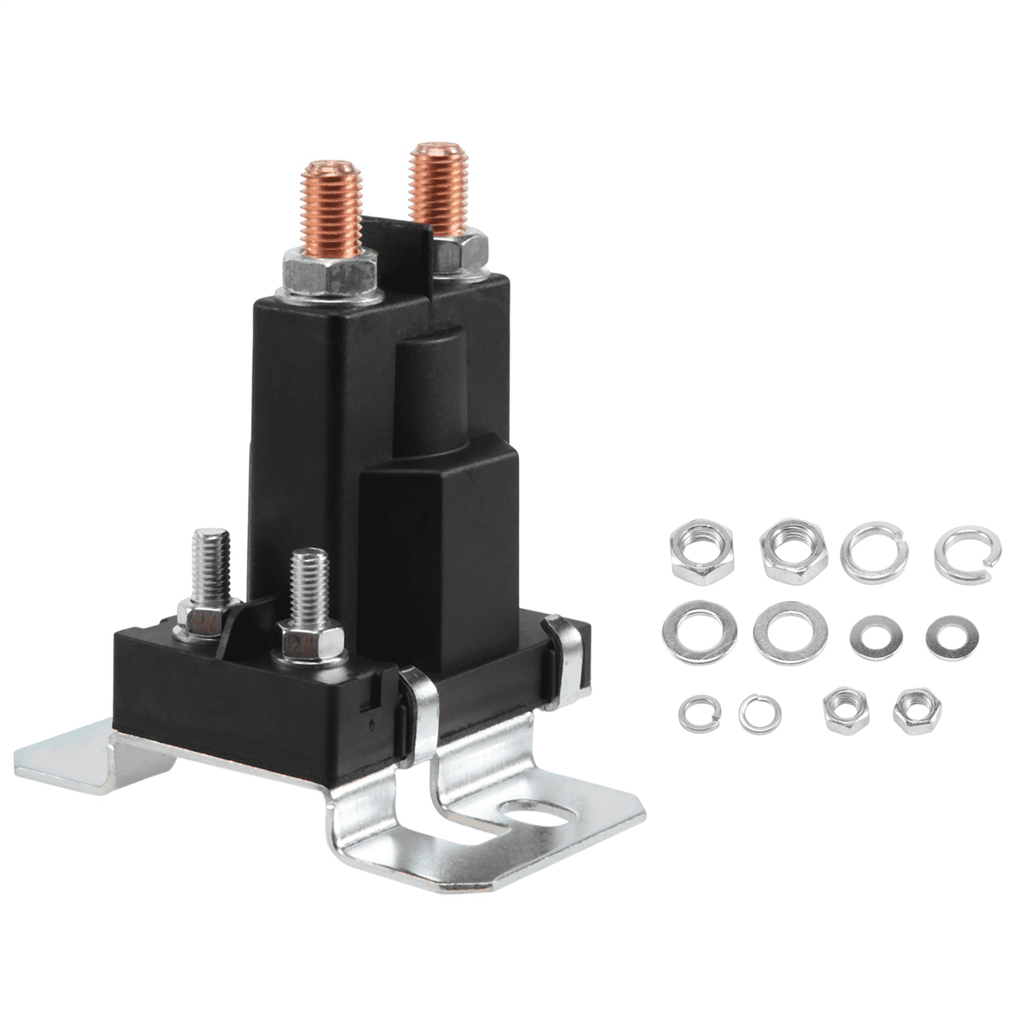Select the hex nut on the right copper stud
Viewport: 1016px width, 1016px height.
click(x=461, y=252)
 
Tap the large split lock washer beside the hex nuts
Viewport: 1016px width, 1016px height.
click(x=875, y=551)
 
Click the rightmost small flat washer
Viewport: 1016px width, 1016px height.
click(x=951, y=637)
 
